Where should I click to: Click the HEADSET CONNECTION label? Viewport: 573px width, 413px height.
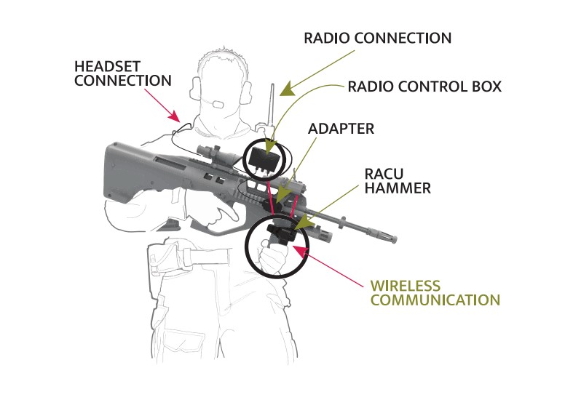[123, 73]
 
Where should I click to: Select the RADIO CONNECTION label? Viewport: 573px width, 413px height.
[377, 39]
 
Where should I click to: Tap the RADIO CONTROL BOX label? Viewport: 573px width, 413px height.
[424, 87]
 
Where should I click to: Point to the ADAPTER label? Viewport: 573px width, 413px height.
[341, 129]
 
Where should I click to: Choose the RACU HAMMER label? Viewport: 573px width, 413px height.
[398, 181]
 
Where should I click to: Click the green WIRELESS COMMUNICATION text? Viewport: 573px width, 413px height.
[435, 293]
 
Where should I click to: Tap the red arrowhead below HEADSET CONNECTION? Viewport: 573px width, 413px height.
[174, 116]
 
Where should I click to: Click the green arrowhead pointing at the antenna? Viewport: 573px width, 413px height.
[288, 89]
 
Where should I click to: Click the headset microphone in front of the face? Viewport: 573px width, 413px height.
[218, 105]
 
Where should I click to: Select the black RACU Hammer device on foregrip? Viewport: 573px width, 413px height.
[281, 233]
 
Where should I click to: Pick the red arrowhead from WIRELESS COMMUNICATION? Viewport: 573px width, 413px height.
[301, 251]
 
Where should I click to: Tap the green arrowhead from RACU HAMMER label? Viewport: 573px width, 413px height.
[304, 223]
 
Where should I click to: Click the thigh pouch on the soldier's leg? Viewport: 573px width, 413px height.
[165, 260]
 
